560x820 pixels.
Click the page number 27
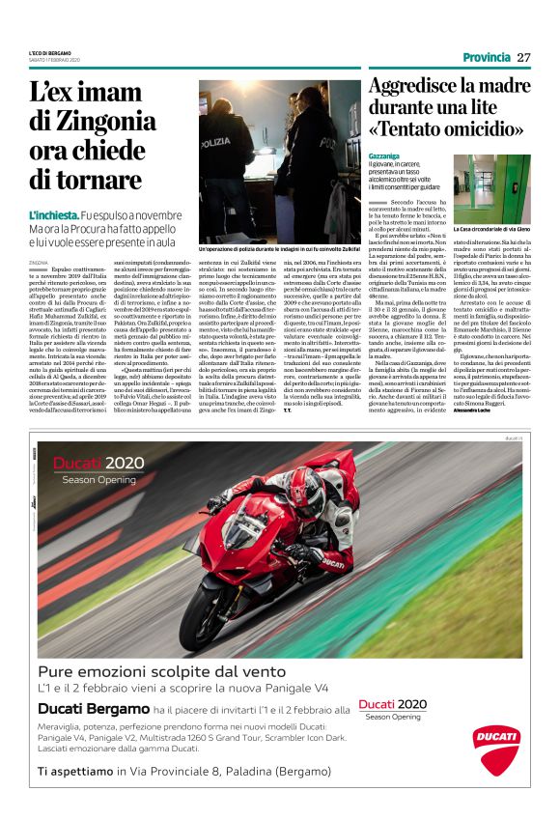click(x=523, y=57)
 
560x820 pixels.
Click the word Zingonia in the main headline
click(x=107, y=122)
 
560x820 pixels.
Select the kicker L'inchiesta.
click(x=53, y=214)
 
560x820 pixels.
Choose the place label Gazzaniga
click(x=387, y=155)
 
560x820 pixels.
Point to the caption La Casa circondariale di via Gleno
click(x=491, y=230)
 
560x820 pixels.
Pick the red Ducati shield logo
click(x=496, y=749)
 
